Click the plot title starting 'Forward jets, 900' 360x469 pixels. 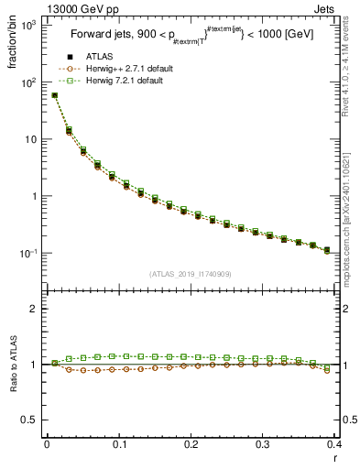pyautogui.click(x=191, y=38)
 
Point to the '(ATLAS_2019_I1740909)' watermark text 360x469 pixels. pyautogui.click(x=190, y=273)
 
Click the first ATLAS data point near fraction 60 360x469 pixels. pyautogui.click(x=54, y=95)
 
